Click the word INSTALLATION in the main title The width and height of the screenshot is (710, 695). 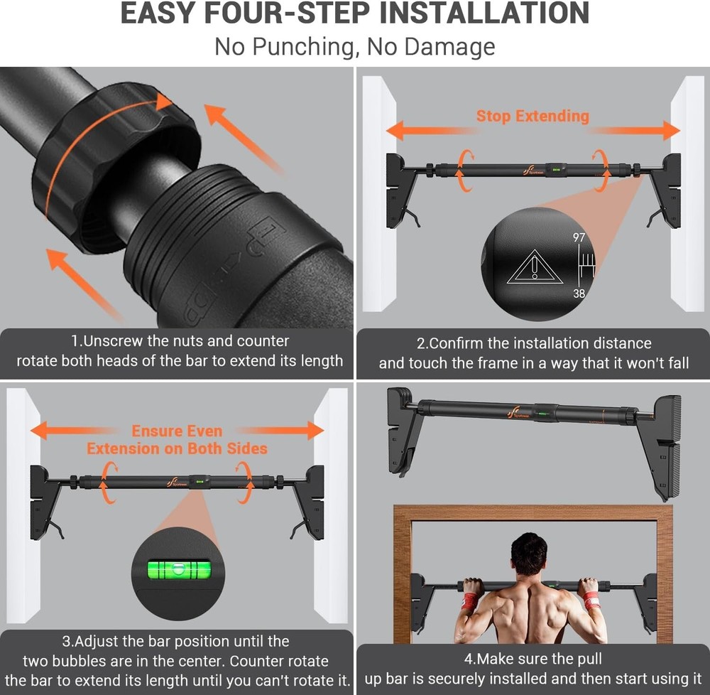pos(484,13)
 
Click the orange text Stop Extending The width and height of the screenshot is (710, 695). pos(532,116)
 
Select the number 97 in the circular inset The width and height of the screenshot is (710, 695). pos(579,237)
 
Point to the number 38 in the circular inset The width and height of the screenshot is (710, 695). pos(579,293)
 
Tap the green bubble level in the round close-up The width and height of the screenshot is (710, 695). pos(179,569)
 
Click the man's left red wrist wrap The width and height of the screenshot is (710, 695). pos(469,600)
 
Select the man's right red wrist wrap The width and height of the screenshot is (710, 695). pos(591,600)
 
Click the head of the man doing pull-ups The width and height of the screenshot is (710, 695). pos(528,554)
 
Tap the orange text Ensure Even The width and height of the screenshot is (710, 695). pos(177,431)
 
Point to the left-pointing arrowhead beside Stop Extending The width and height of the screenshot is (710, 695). pos(395,131)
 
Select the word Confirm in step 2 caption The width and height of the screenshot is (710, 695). pos(456,343)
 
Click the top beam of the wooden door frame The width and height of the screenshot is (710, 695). pos(533,512)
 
